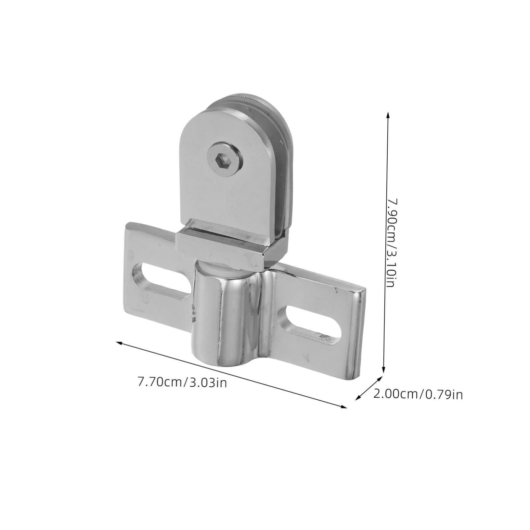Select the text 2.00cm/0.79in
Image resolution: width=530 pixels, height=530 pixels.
418,394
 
